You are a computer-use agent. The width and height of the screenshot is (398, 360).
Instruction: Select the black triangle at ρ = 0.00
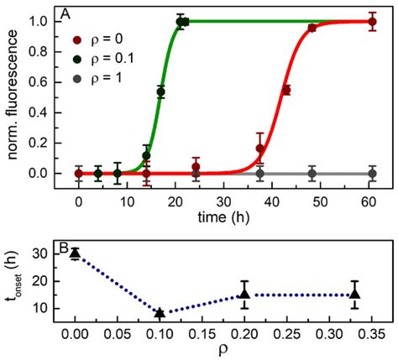pyautogui.click(x=76, y=253)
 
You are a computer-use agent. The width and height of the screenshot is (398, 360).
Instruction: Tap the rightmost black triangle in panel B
pyautogui.click(x=355, y=294)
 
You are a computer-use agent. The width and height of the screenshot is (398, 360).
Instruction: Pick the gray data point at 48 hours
pyautogui.click(x=312, y=174)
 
